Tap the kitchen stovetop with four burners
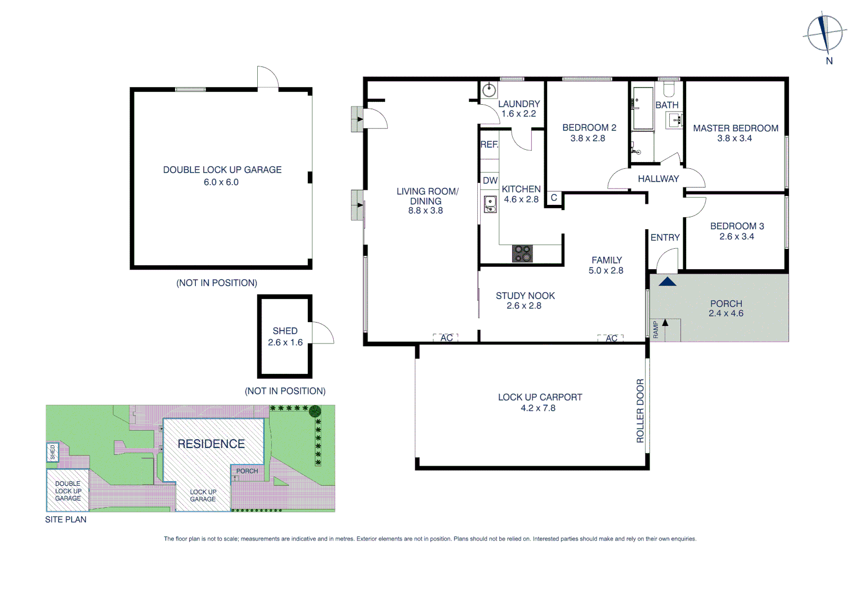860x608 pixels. pos(522,253)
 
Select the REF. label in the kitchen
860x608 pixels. pos(489,145)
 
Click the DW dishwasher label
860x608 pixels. pos(490,181)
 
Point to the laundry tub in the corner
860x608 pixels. pos(489,90)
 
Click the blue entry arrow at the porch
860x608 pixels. pos(667,281)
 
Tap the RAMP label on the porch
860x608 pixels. pos(656,329)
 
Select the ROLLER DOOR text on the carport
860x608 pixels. pos(640,410)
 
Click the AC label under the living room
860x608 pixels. pos(446,338)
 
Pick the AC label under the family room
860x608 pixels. pos(611,338)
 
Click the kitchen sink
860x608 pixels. pos(490,204)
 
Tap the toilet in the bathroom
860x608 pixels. pos(669,88)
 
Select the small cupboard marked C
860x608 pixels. pos(554,198)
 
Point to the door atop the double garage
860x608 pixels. pos(267,77)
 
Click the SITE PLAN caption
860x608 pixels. pos(66,520)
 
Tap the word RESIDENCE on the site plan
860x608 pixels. pos(211,444)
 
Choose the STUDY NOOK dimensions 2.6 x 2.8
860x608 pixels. pos(523,306)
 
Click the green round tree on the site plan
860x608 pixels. pos(315,410)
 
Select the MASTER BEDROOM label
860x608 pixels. pos(735,128)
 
